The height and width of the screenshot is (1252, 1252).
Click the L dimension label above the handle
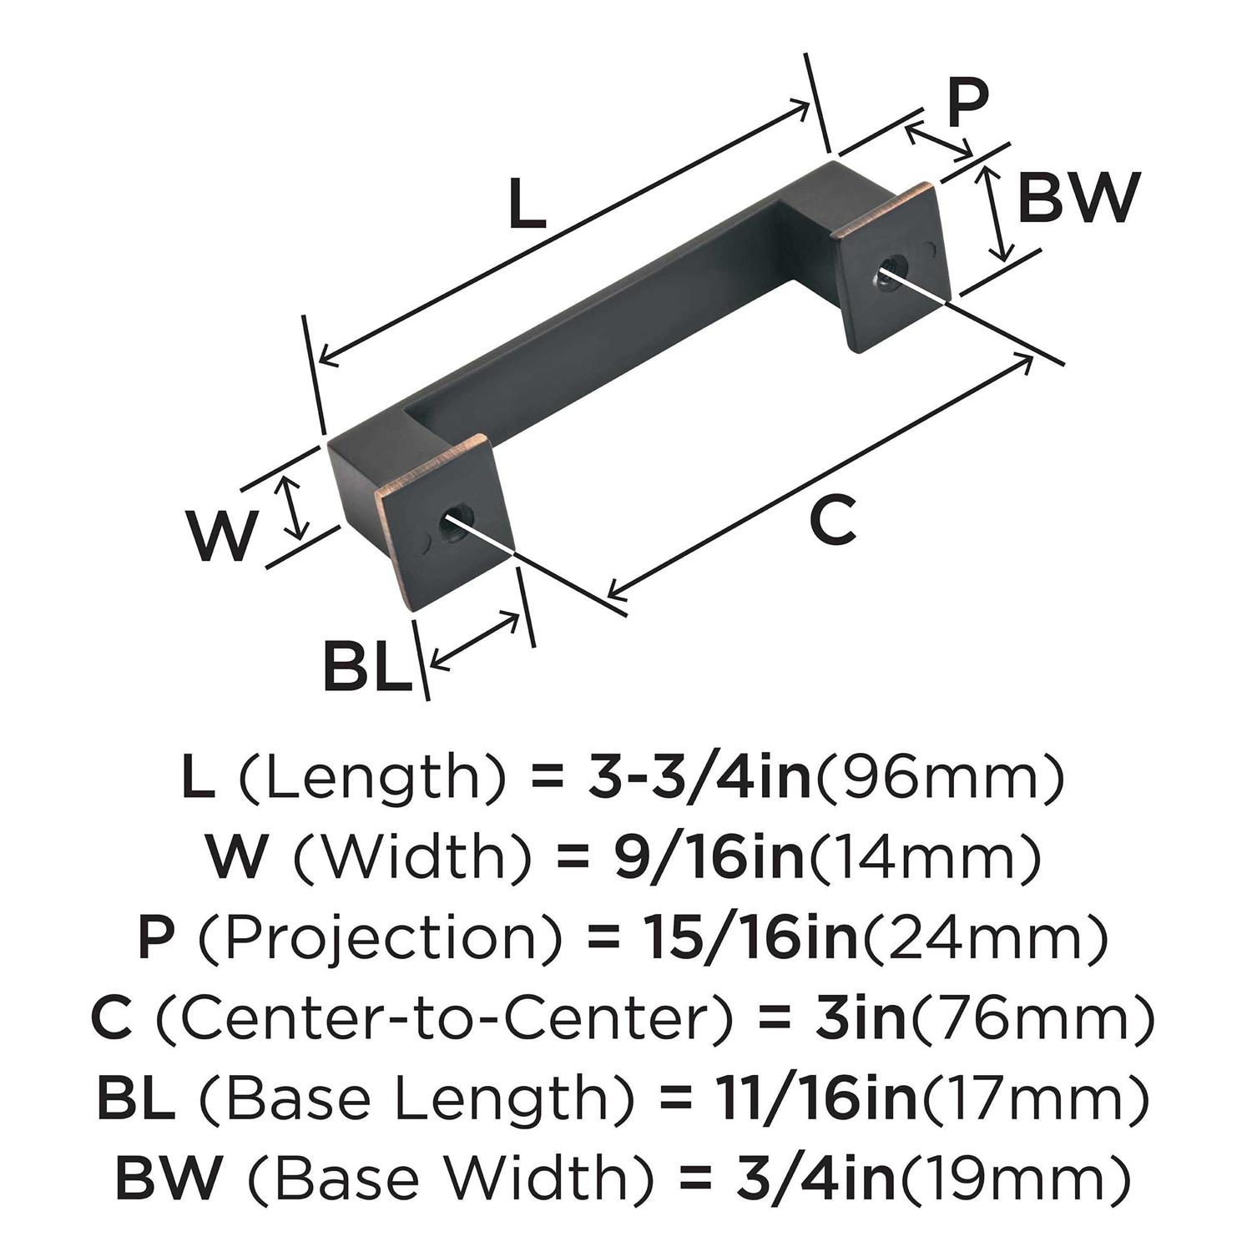click(x=528, y=206)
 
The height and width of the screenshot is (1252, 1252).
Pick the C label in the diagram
click(x=833, y=520)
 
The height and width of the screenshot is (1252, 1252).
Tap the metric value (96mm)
click(x=939, y=777)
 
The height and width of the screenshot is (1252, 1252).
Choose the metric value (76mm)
click(x=1032, y=1018)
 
